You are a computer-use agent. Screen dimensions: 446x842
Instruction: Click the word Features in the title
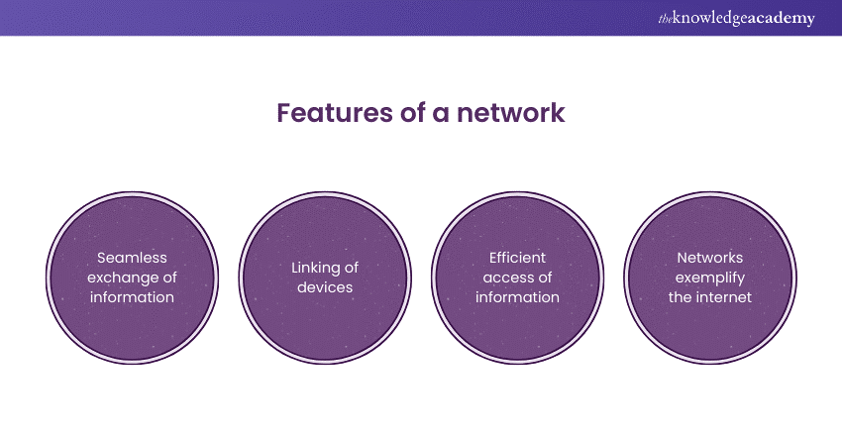pos(329,113)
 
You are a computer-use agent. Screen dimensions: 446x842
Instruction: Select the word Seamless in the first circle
pos(131,259)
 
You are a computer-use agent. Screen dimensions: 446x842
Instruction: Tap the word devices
pos(325,287)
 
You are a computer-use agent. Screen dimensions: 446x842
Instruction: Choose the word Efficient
pos(518,259)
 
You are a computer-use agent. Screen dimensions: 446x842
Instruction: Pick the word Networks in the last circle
pos(711,259)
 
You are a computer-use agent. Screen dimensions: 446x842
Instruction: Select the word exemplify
pos(711,278)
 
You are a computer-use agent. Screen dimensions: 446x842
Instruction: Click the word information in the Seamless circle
pos(131,296)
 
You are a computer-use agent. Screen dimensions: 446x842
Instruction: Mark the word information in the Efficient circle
pos(518,296)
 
